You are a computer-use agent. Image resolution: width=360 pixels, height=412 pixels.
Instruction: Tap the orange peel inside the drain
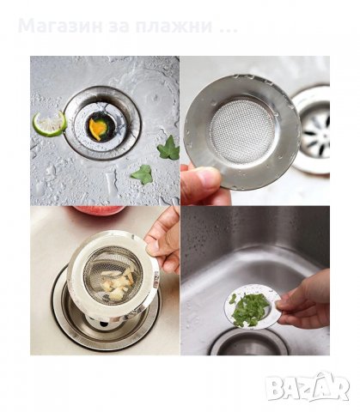point(98,128)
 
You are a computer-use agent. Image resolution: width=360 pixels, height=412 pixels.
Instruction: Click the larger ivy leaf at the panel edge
point(169,148)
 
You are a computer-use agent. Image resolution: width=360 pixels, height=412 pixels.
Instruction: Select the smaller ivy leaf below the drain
point(143,174)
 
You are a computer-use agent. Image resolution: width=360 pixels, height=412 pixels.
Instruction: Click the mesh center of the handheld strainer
point(242,131)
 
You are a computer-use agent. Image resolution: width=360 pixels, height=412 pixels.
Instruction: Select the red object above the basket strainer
point(101,210)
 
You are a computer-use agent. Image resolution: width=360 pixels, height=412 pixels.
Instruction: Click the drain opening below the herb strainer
point(249,342)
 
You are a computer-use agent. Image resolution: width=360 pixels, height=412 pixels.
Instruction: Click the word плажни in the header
point(174,26)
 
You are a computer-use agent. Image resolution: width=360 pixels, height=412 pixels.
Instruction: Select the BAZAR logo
point(308,387)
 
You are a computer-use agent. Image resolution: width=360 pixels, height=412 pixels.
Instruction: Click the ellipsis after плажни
point(229,30)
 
